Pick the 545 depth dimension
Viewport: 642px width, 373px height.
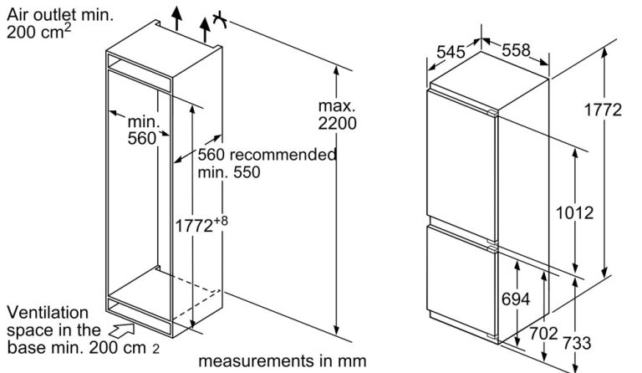pyautogui.click(x=451, y=51)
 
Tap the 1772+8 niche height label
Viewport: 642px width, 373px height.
pyautogui.click(x=201, y=225)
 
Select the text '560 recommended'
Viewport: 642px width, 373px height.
pyautogui.click(x=267, y=155)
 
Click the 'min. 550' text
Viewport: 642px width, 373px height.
pyautogui.click(x=229, y=173)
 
